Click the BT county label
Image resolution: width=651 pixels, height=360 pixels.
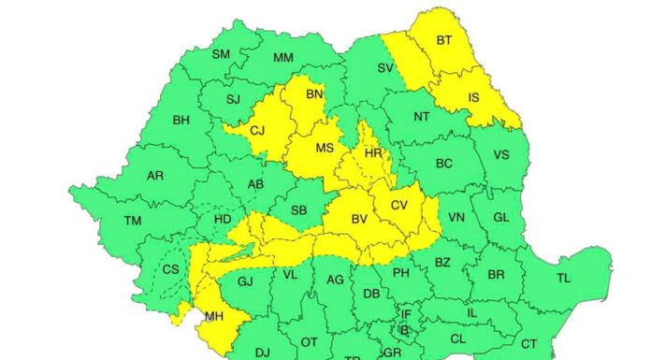(443, 40)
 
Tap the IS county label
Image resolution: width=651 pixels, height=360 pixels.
(473, 96)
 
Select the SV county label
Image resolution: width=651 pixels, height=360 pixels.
(385, 67)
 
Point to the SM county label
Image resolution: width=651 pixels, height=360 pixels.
(221, 54)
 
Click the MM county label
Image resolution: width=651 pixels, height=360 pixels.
(282, 58)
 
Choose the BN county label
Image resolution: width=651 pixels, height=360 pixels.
(314, 94)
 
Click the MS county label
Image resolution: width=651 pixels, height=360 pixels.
(324, 148)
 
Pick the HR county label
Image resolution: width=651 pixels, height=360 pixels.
(373, 153)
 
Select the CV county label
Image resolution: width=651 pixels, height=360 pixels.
(399, 205)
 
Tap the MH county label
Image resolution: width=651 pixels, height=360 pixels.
(213, 318)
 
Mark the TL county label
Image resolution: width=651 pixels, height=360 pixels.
(563, 278)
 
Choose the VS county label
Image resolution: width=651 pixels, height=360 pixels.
(501, 155)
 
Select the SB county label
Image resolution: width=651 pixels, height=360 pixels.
(299, 210)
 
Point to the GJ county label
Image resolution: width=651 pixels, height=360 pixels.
(246, 281)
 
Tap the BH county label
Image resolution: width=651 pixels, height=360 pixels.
(181, 120)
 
